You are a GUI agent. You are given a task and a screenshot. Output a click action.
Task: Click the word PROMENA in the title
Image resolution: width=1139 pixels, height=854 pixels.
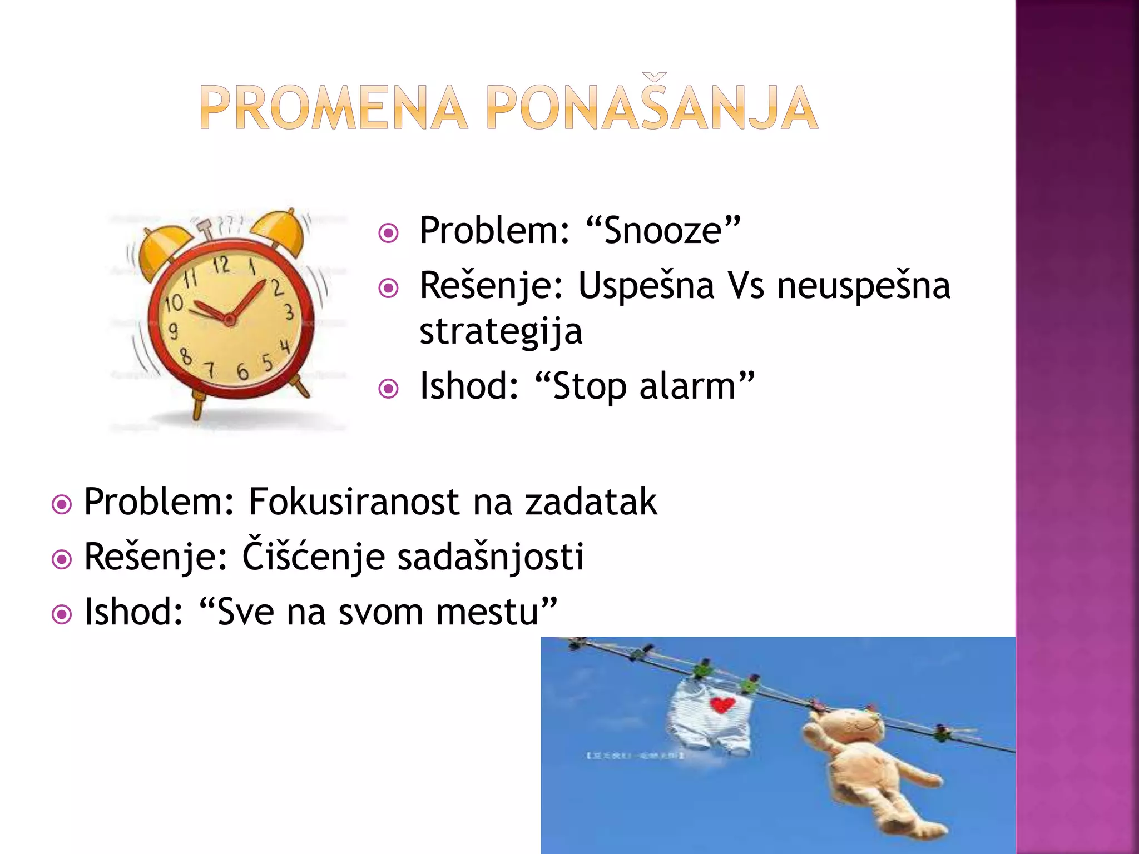[x=333, y=108]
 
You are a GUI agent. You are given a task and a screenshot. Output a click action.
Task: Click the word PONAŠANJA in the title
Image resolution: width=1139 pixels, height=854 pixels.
[x=652, y=108]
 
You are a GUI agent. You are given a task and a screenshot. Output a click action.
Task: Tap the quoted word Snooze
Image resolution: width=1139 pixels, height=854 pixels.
[x=663, y=231]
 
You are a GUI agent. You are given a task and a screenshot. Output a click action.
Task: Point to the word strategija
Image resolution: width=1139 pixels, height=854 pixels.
[x=501, y=332]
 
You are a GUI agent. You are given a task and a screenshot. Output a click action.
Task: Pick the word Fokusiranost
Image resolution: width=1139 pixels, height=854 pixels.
[x=353, y=502]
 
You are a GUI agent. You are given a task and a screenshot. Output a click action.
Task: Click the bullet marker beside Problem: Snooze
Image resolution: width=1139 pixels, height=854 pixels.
[x=388, y=233]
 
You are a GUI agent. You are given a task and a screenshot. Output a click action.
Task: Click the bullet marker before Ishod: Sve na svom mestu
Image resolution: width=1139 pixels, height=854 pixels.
[x=61, y=614]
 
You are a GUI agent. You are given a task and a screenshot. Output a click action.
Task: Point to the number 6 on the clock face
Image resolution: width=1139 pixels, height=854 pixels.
[x=242, y=371]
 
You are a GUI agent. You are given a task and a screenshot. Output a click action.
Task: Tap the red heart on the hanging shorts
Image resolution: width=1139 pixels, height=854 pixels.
[x=722, y=705]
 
